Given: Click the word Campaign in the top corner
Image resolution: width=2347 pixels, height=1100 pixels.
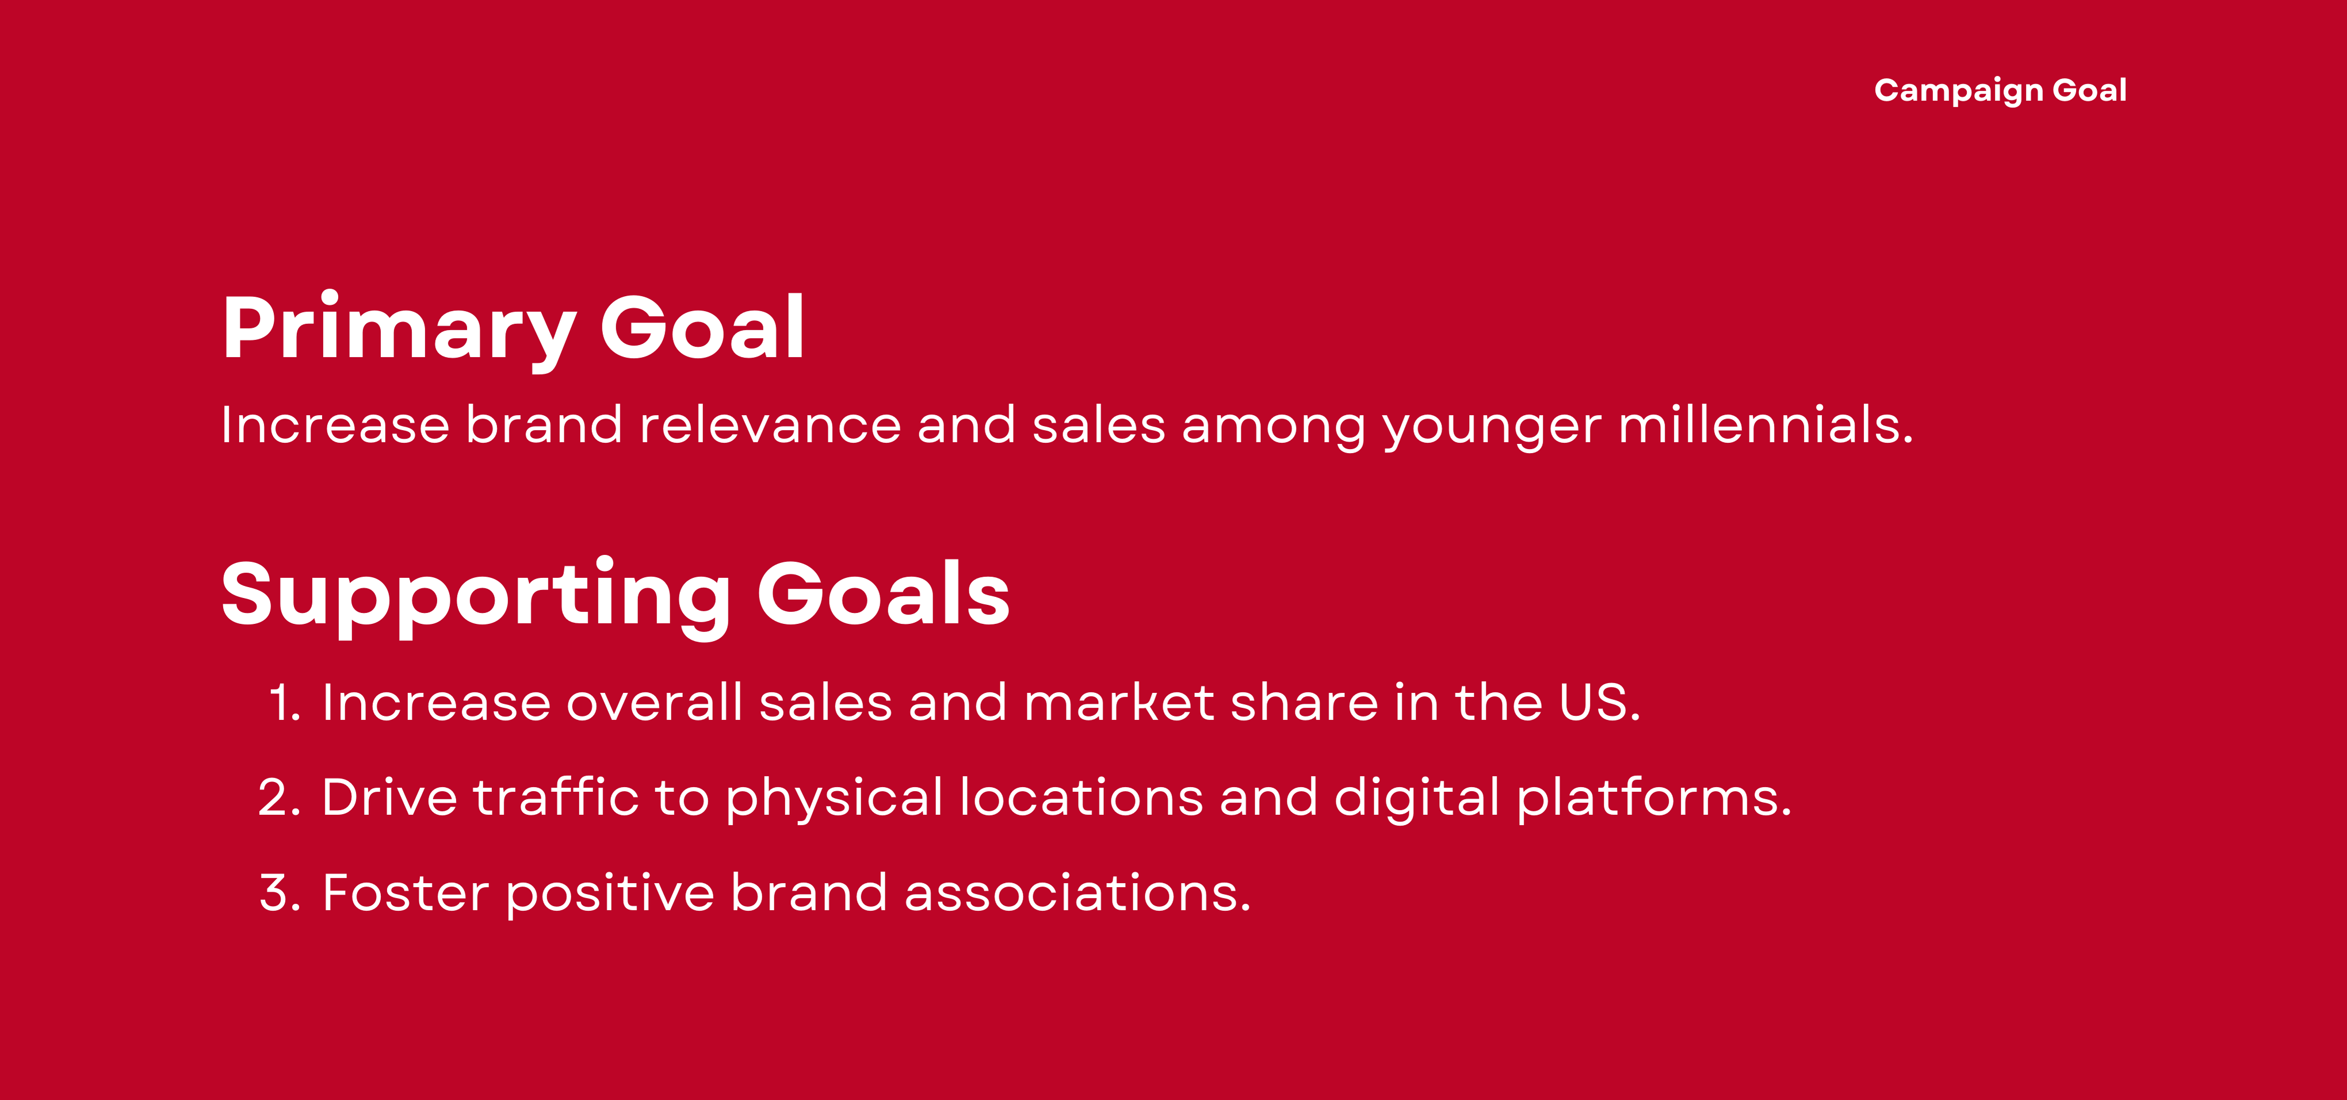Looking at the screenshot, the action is coord(1959,91).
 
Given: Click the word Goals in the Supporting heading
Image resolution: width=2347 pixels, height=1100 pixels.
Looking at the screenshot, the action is coord(884,595).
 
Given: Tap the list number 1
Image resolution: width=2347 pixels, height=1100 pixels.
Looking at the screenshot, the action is coord(284,703).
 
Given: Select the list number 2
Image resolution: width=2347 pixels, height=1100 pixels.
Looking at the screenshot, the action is coord(279,798).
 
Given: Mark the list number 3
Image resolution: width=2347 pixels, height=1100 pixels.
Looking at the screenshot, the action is coord(280,894).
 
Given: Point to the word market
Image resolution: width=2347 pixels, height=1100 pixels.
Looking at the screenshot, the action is coord(1119,703).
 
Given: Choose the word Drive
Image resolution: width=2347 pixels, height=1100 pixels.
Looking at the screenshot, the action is coord(389,798).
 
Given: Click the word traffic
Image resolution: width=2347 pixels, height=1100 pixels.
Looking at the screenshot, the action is coord(556,797).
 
